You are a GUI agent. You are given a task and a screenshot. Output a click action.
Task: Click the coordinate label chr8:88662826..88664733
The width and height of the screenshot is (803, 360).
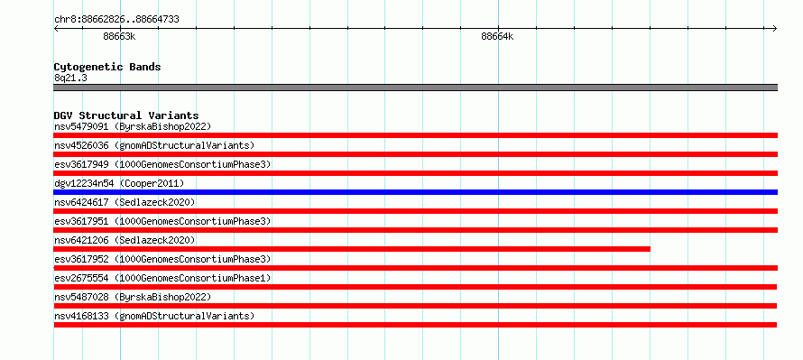pyautogui.click(x=116, y=20)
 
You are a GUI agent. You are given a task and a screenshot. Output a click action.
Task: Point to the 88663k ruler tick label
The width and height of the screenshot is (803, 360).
pyautogui.click(x=119, y=36)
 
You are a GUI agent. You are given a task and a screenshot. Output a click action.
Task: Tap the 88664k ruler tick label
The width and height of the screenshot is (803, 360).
pyautogui.click(x=497, y=36)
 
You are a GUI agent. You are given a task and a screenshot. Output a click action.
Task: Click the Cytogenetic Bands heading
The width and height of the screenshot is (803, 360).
pyautogui.click(x=107, y=67)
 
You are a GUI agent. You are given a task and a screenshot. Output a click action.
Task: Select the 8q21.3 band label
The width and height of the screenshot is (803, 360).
pyautogui.click(x=70, y=78)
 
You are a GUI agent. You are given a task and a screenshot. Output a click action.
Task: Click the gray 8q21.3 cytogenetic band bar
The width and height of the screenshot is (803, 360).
pyautogui.click(x=415, y=88)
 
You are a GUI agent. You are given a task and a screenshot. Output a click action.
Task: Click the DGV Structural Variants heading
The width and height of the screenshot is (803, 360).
pyautogui.click(x=126, y=115)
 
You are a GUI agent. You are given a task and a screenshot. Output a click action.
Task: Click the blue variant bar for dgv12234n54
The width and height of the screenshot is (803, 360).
pyautogui.click(x=415, y=192)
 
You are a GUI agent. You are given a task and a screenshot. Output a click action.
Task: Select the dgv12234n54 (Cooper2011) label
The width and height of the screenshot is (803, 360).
pyautogui.click(x=119, y=183)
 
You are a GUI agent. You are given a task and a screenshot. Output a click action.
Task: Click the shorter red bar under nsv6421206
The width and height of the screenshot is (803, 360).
pyautogui.click(x=352, y=249)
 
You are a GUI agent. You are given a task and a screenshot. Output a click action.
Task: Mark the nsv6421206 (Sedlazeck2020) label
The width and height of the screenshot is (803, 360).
pyautogui.click(x=125, y=240)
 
